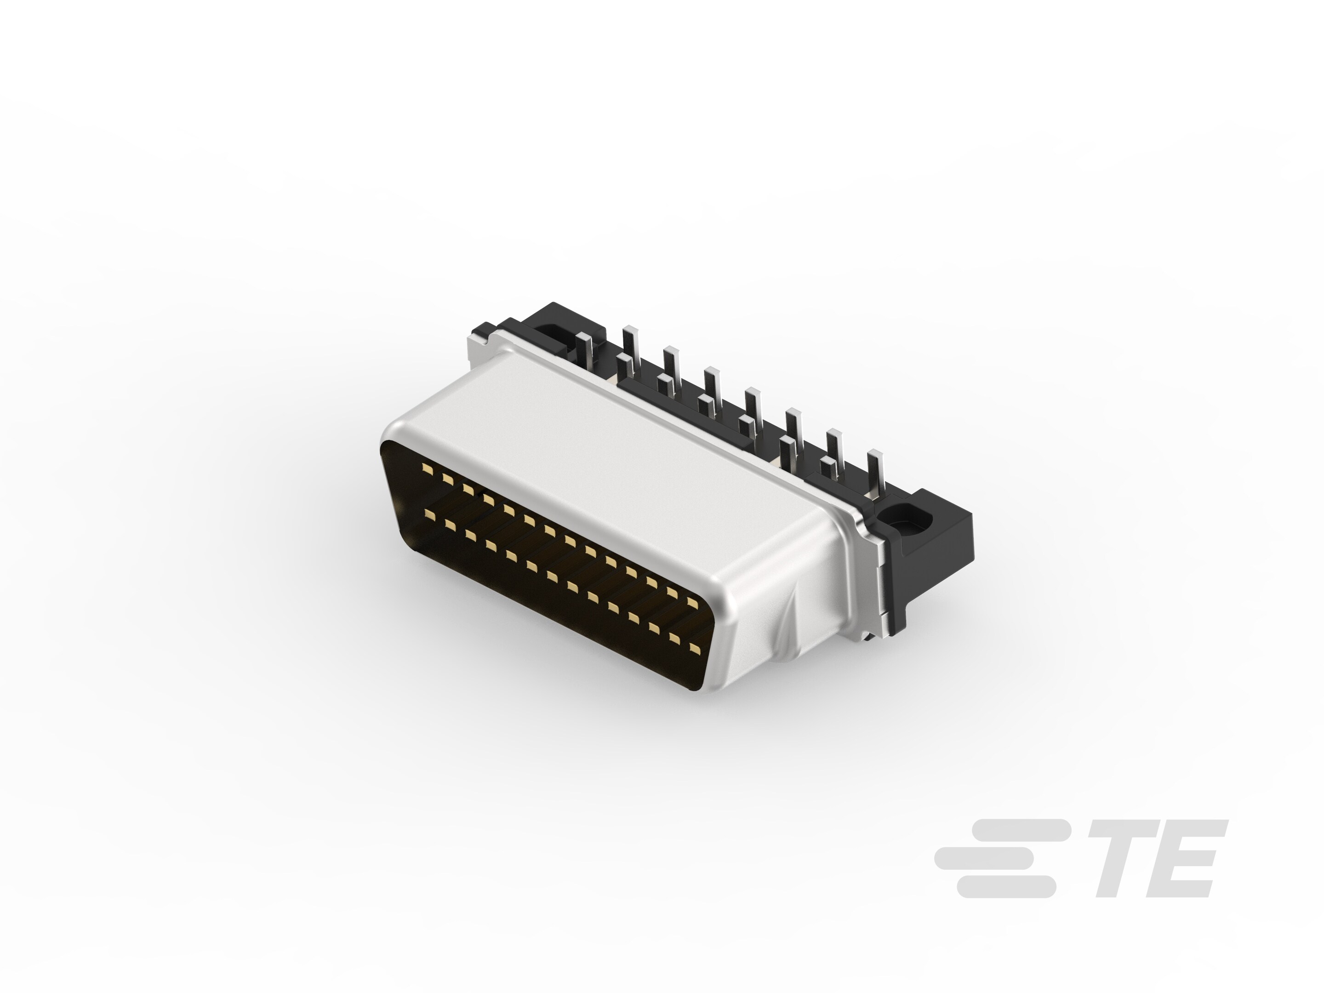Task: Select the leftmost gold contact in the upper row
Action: [426, 468]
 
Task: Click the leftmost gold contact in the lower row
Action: [428, 513]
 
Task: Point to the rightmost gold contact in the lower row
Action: [694, 648]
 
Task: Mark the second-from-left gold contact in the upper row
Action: [446, 478]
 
